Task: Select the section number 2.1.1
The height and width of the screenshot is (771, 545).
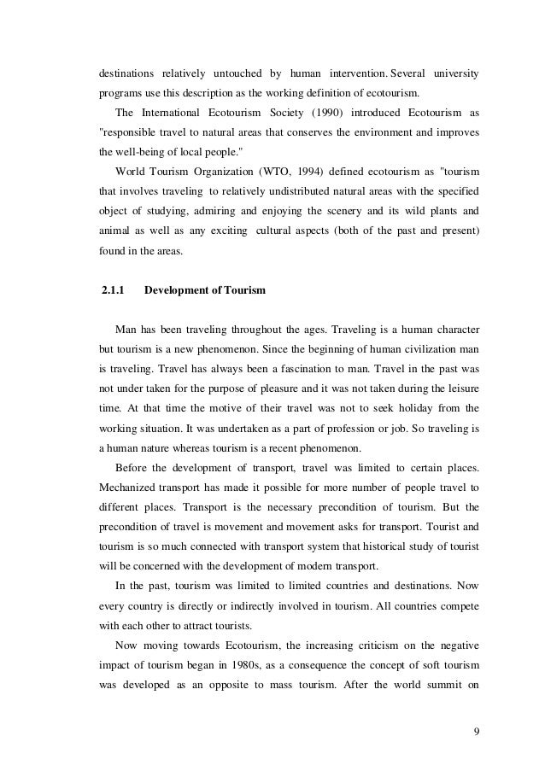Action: tap(113, 290)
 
